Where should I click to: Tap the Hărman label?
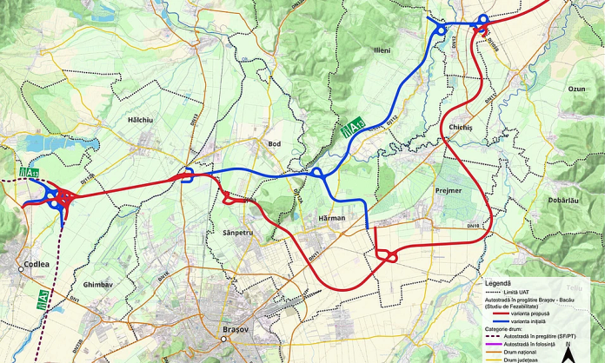coord(331,217)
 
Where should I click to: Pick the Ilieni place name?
coord(382,50)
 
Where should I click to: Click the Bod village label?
coord(275,143)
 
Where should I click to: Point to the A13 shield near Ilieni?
coord(351,129)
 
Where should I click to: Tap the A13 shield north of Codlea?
coord(29,173)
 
